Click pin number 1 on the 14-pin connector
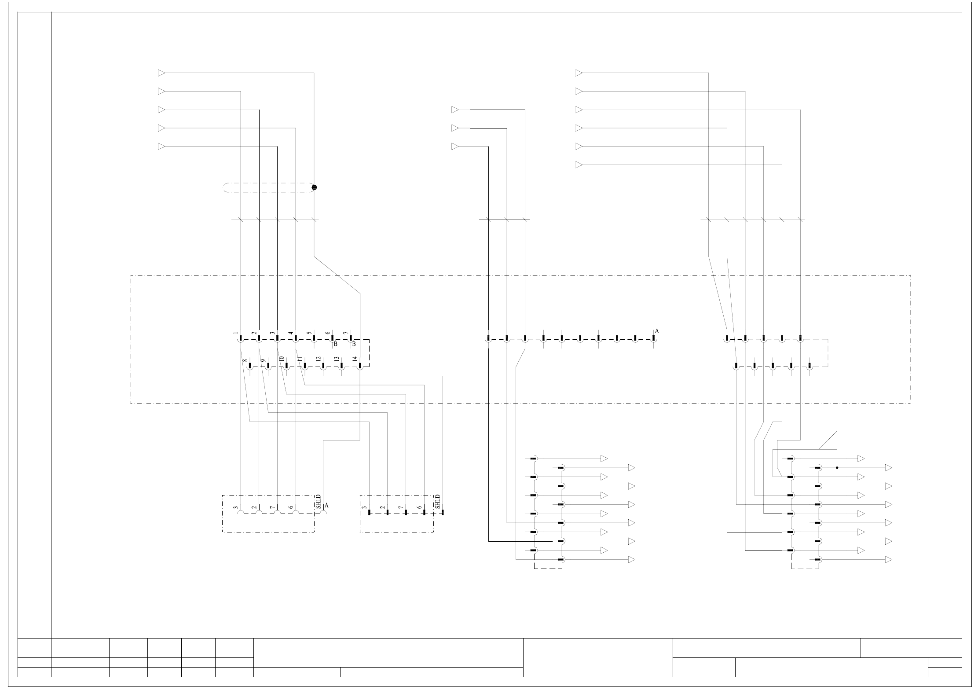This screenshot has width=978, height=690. [x=236, y=334]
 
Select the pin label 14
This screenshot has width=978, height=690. [x=355, y=359]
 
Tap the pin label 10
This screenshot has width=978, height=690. [x=281, y=359]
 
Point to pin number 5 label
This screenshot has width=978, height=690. [x=309, y=334]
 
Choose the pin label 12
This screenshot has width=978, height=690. [x=318, y=359]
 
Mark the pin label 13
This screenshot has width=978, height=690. [x=337, y=359]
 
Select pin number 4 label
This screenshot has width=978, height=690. [x=291, y=334]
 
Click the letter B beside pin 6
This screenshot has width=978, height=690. [x=335, y=344]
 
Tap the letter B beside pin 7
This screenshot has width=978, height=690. [x=354, y=344]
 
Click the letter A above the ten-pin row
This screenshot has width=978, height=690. [x=657, y=331]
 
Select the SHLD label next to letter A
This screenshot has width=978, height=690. [x=319, y=502]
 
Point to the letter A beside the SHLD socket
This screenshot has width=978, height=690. [x=326, y=506]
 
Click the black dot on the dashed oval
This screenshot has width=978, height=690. [x=314, y=187]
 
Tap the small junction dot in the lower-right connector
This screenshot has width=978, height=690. [x=837, y=468]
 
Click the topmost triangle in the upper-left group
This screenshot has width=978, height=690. [x=161, y=73]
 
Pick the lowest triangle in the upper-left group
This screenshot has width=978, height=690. [x=161, y=147]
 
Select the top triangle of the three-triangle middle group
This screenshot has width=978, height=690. [x=455, y=110]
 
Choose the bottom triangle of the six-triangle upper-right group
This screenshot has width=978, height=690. [x=579, y=165]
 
